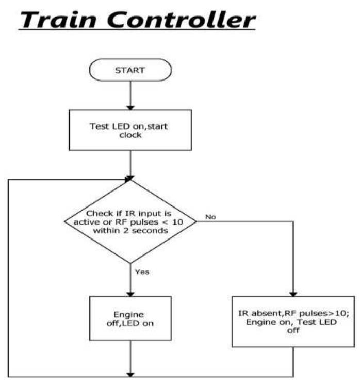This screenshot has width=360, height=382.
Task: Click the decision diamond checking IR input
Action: [130, 221]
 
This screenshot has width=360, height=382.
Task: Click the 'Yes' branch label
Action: [142, 272]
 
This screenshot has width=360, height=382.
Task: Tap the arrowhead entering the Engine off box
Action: [130, 292]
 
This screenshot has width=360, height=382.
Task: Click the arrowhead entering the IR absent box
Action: [293, 292]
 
